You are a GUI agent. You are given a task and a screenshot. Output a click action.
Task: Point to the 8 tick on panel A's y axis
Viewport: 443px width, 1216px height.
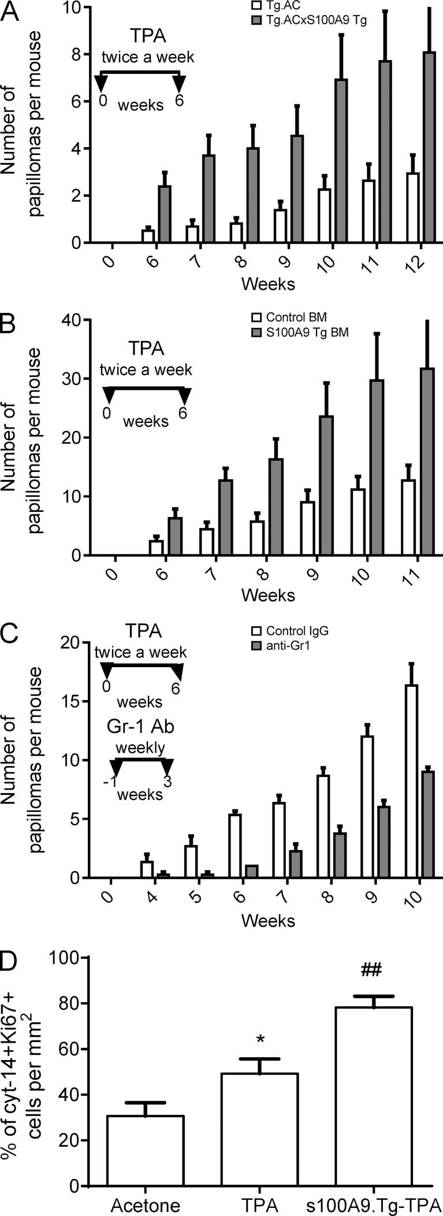72,54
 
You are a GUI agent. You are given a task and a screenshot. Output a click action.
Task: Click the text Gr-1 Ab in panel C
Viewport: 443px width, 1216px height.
140,726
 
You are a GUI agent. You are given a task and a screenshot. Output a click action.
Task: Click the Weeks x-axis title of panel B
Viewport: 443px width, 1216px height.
268,594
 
